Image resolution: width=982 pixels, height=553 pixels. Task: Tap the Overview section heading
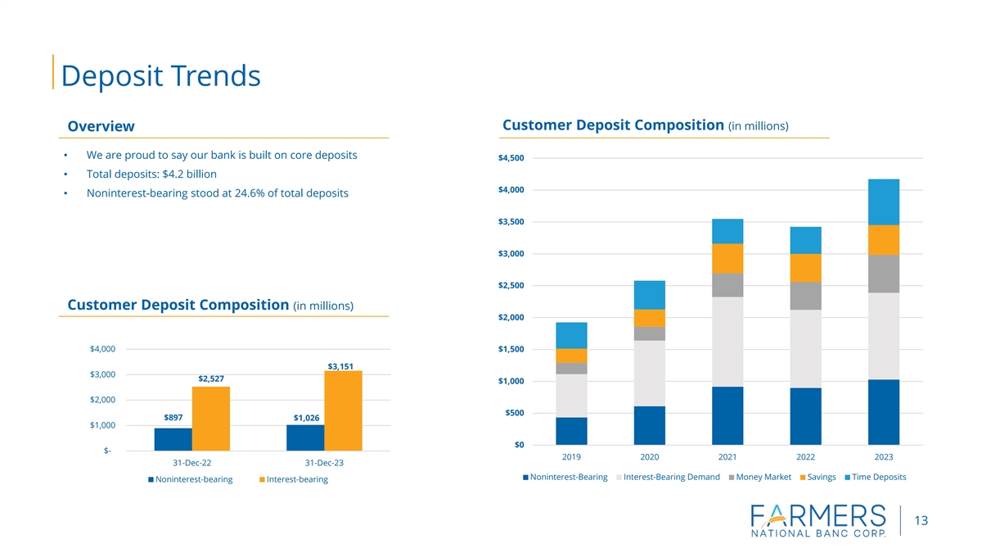pos(101,126)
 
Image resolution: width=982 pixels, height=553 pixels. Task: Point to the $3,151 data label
pos(340,365)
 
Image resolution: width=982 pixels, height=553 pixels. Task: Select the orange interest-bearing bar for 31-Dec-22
pos(211,418)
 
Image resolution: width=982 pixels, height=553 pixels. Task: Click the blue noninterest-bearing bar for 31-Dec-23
pos(305,437)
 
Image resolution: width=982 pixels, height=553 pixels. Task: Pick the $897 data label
pos(173,418)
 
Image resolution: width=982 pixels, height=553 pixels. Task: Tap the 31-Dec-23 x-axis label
pos(324,463)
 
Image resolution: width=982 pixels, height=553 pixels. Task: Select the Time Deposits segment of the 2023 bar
pos(883,202)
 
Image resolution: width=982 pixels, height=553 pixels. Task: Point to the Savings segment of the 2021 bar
pos(727,258)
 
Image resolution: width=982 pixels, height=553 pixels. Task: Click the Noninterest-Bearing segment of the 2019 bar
pos(571,431)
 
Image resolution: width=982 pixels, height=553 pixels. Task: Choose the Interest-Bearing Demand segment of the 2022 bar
pos(805,348)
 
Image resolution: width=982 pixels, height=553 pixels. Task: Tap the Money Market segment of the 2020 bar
pos(649,333)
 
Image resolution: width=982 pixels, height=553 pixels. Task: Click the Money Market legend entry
pos(759,477)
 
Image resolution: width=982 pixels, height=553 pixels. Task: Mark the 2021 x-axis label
pos(727,456)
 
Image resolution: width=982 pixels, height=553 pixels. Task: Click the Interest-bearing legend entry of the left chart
pos(292,479)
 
